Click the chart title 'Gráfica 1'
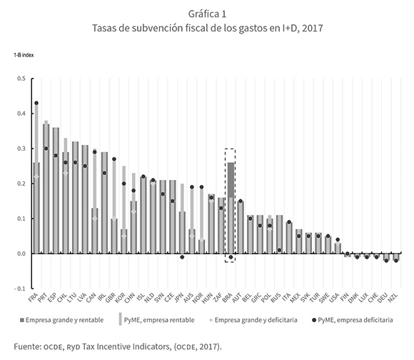click(207, 14)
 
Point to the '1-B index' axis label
click(24, 55)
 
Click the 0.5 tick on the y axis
click(21, 79)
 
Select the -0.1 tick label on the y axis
click(20, 289)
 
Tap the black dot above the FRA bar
click(36, 103)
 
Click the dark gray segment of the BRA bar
click(231, 180)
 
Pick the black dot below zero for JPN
click(182, 257)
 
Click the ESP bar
click(56, 191)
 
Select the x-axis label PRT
click(42, 297)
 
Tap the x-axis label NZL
click(393, 297)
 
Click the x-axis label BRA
click(227, 297)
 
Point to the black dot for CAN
click(95, 152)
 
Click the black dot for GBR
click(114, 159)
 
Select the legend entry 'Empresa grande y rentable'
click(62, 320)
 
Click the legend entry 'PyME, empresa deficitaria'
click(353, 320)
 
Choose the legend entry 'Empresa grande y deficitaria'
click(253, 320)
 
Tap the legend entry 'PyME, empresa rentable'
click(156, 319)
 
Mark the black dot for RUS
click(279, 250)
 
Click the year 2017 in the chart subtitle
click(313, 28)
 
